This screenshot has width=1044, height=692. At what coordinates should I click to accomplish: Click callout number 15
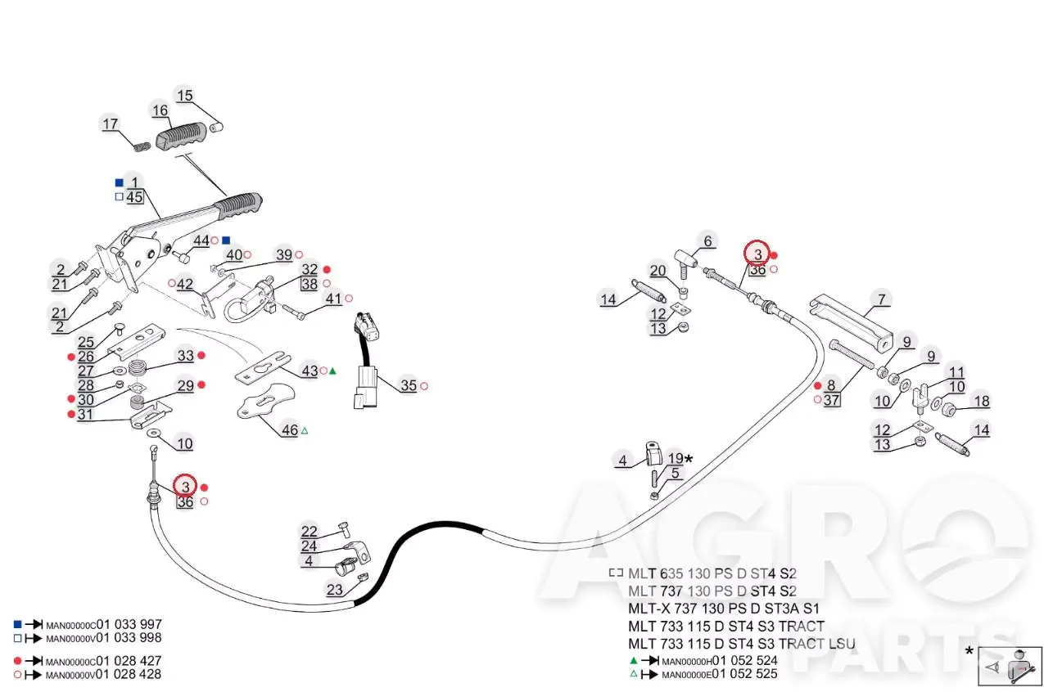(184, 96)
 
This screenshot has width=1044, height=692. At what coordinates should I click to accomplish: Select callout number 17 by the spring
(110, 124)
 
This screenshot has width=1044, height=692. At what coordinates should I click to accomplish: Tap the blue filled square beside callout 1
(120, 182)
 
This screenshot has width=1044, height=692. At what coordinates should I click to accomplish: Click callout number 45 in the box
(134, 197)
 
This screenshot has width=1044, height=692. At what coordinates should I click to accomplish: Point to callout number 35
(409, 385)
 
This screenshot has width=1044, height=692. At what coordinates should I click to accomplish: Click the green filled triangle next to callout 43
(332, 371)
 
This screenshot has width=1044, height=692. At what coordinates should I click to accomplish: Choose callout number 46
(289, 429)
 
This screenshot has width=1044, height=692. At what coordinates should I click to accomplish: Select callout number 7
(881, 299)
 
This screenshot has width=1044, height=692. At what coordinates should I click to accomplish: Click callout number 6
(707, 241)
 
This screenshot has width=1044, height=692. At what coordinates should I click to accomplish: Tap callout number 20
(658, 271)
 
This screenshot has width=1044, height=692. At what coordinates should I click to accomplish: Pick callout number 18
(982, 401)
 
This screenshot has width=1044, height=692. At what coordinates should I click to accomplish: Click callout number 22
(309, 532)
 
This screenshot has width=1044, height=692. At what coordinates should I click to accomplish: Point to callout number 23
(335, 590)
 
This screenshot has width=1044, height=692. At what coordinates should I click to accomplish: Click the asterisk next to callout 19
(689, 459)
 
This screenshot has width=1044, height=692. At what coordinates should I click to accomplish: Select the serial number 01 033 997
(129, 624)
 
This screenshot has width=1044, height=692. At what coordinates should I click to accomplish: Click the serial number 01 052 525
(745, 673)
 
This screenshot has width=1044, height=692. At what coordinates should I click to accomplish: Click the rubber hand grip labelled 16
(181, 136)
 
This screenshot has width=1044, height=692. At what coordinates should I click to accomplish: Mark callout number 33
(186, 356)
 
